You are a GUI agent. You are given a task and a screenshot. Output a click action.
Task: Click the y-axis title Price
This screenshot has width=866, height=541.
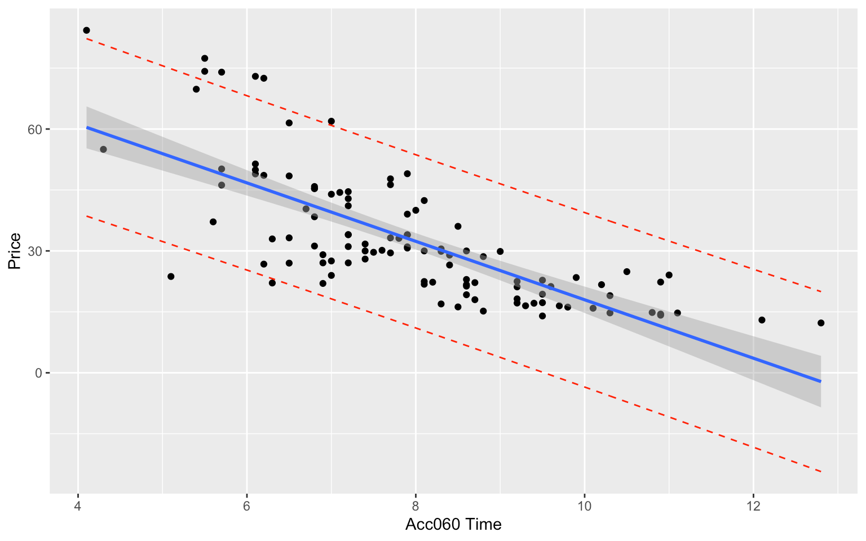point(14,251)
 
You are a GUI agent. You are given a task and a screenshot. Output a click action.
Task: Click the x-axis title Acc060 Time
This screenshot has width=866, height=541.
point(453,525)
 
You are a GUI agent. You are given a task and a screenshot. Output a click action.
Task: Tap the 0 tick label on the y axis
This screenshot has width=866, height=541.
point(39,373)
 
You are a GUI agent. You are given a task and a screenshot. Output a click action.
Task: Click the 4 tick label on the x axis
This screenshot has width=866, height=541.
point(78,504)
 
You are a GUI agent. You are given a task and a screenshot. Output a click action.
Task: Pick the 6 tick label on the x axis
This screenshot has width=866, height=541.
point(247,504)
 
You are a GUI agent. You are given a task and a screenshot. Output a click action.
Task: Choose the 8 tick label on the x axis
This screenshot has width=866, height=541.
point(416,504)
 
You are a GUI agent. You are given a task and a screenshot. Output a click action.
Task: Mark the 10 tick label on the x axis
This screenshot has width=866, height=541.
point(584,504)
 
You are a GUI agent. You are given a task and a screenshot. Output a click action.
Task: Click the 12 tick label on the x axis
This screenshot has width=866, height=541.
point(753,504)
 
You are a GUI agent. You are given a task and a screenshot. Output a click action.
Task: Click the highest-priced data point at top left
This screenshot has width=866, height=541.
point(86,30)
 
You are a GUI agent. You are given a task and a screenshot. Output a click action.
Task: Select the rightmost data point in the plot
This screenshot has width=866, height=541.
point(821,323)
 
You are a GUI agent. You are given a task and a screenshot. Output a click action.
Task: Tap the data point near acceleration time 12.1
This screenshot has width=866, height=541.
point(762,320)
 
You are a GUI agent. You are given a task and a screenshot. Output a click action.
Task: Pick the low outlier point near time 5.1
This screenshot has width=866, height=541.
point(171,276)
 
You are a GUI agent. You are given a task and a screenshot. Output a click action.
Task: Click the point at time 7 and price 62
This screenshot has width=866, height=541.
point(331,121)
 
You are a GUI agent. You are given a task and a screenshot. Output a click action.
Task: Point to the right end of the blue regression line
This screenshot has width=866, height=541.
point(821,382)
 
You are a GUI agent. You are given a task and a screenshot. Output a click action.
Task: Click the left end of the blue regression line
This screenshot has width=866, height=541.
point(87,127)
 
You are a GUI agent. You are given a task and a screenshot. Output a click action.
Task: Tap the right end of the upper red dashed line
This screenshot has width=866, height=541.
point(821,291)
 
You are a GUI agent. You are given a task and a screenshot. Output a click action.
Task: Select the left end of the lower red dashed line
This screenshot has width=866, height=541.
point(87,216)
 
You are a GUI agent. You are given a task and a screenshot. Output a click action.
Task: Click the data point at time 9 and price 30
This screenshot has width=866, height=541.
point(500,251)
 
